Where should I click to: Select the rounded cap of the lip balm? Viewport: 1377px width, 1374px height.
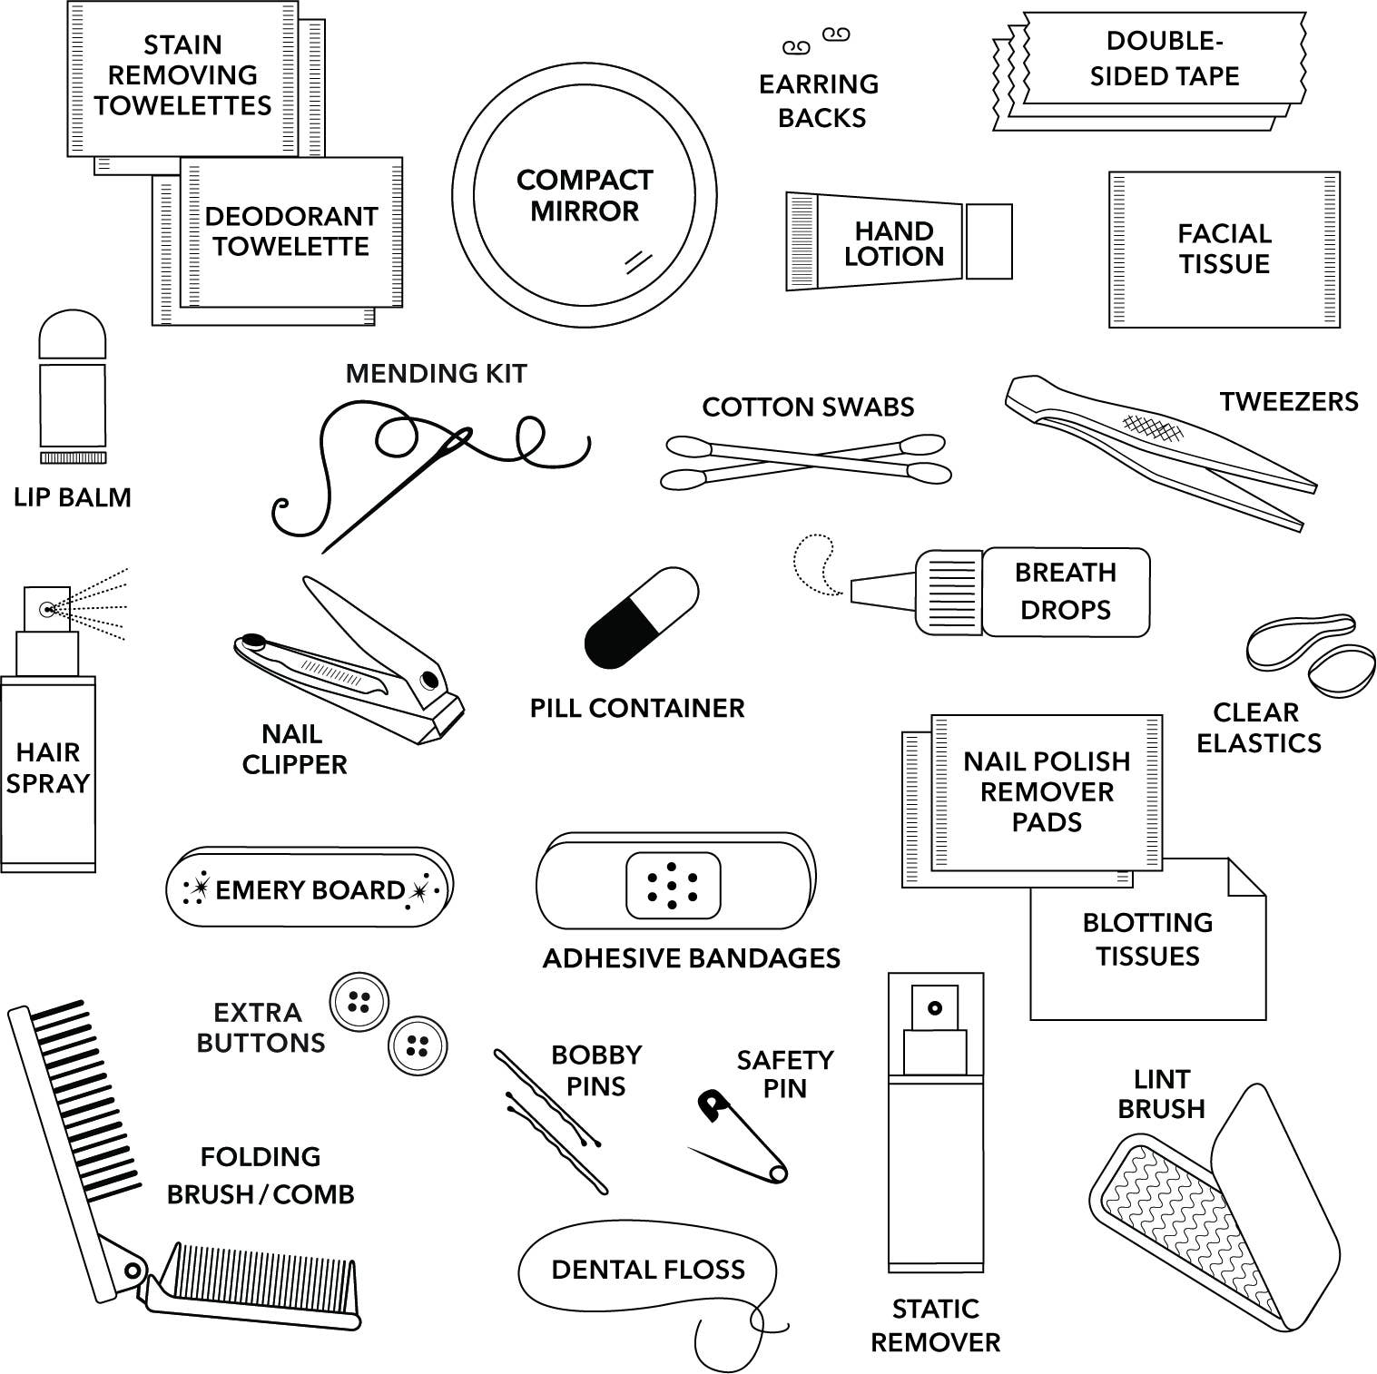[x=73, y=336]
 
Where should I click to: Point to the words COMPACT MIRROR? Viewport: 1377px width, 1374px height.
[x=585, y=195]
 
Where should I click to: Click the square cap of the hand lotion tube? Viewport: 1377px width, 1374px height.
[x=988, y=241]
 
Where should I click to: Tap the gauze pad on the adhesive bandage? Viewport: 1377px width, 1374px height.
[x=673, y=886]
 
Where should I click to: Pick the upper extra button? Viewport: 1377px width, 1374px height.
[x=359, y=1002]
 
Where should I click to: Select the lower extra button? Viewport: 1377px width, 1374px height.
[x=418, y=1045]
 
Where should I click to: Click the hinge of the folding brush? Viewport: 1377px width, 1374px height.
[x=133, y=1270]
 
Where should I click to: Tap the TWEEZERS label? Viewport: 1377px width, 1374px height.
[x=1288, y=402]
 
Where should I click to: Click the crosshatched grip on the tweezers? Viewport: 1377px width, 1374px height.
[x=1152, y=427]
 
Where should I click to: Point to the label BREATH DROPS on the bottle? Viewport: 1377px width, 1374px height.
[x=1066, y=591]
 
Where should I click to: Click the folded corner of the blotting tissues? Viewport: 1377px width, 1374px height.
[x=1244, y=878]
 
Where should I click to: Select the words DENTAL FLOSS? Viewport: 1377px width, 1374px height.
[x=647, y=1270]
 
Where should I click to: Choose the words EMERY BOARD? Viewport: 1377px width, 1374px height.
[x=310, y=890]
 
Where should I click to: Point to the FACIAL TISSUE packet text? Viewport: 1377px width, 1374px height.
[x=1224, y=249]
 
